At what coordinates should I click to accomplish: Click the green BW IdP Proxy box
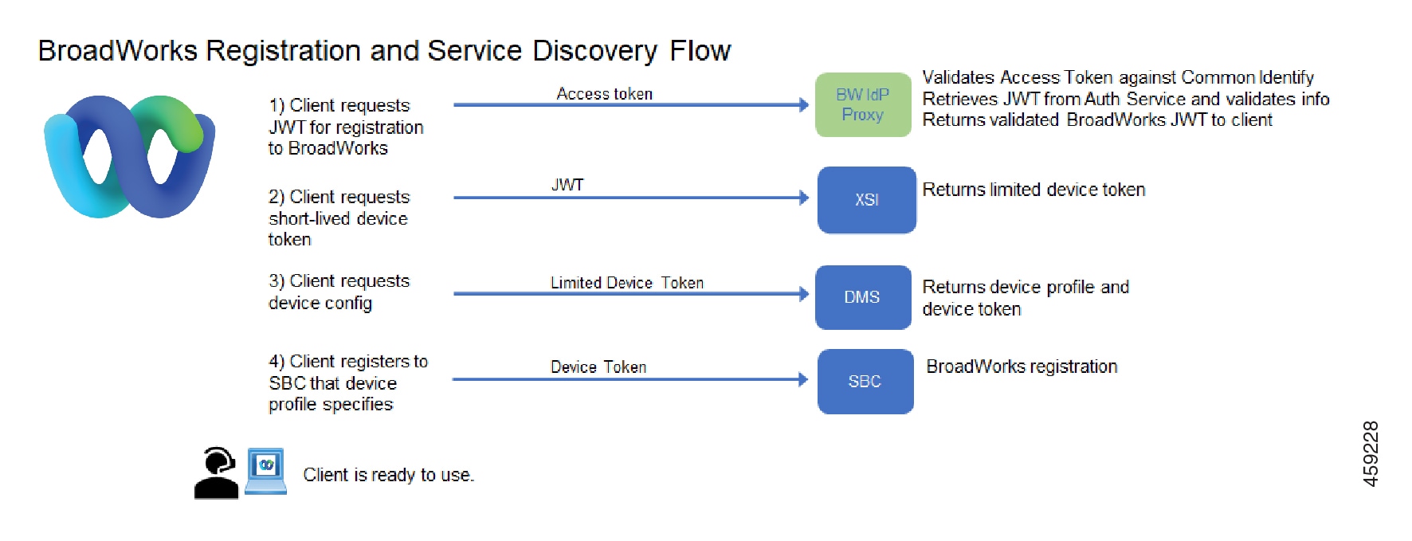tap(863, 104)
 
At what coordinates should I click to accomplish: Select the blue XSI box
tap(867, 200)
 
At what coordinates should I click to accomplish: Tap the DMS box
tap(863, 297)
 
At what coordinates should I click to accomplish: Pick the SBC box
tap(865, 382)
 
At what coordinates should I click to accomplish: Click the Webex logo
tap(129, 156)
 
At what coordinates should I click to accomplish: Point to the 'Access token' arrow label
tap(604, 94)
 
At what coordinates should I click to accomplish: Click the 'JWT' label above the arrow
tap(567, 185)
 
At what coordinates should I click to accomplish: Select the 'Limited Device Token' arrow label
tap(627, 283)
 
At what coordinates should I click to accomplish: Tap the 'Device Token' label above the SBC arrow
tap(598, 367)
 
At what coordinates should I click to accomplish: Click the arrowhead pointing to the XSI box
tap(804, 198)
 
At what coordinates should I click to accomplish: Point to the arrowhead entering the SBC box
tap(803, 379)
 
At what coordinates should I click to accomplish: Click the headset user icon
tap(217, 473)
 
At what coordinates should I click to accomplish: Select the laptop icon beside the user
tap(265, 472)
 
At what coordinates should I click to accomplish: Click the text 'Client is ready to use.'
tap(389, 475)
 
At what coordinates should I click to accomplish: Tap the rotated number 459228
tap(1371, 453)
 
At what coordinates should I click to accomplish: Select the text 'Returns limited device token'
tap(1034, 190)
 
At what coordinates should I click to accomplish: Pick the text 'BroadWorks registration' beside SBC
tap(1022, 367)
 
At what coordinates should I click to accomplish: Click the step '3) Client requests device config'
tap(339, 292)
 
